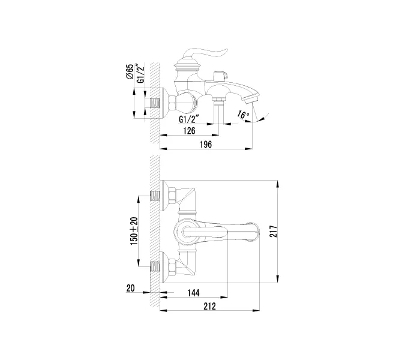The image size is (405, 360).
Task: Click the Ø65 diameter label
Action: tap(130, 71)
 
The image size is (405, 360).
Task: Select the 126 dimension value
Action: tap(190, 131)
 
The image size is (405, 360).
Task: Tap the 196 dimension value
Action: tap(206, 145)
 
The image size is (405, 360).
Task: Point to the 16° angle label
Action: tap(244, 115)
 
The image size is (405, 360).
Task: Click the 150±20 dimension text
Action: tap(134, 231)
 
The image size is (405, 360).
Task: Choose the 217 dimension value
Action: tap(273, 231)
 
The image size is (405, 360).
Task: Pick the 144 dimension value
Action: tap(193, 293)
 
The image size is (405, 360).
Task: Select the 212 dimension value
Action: tap(209, 306)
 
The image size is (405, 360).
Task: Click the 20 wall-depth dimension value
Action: tap(130, 288)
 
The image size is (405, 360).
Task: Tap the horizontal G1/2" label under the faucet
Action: tap(190, 119)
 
